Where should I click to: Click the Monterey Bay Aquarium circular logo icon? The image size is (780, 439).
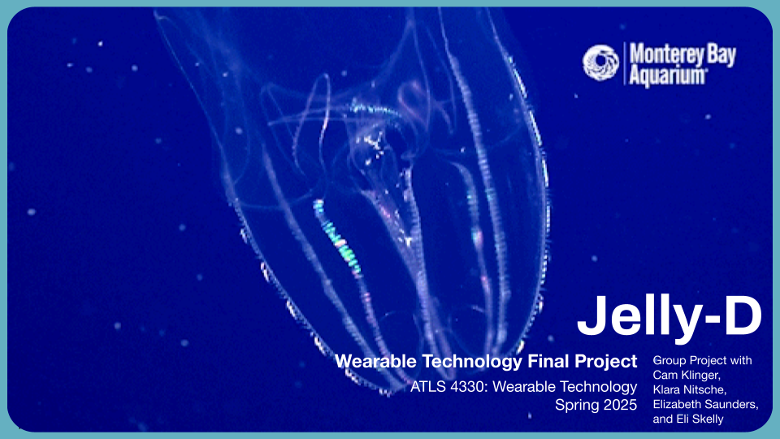pos(600,63)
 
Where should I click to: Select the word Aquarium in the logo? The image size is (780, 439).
pos(667,76)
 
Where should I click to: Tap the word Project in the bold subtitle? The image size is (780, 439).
pos(606,362)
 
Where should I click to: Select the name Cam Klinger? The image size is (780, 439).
pos(686,376)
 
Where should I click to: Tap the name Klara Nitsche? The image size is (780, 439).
pos(690,389)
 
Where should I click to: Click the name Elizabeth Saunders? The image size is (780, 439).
pos(705,405)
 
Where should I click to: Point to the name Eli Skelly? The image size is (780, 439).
pos(700,419)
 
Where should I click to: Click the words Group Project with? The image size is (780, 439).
pos(702,361)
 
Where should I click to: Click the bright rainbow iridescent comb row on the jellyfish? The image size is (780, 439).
pos(336,237)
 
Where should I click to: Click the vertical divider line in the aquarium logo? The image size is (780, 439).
pos(624,63)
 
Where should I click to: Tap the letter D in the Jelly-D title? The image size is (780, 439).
pos(743,316)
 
